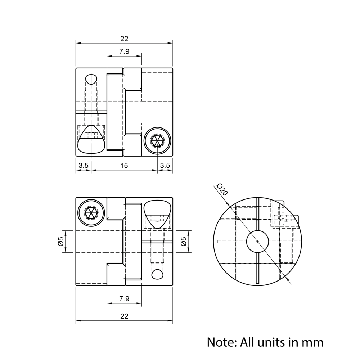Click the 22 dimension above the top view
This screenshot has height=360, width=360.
124,39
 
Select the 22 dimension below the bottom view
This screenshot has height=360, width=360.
124,316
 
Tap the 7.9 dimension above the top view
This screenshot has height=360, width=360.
124,51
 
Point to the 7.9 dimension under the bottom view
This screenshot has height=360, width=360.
124,298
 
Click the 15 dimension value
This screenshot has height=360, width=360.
124,166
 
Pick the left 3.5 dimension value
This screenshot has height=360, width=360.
84,166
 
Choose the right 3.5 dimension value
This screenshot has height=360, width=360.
165,166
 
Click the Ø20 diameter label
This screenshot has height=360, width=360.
222,189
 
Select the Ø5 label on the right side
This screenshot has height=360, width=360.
184,242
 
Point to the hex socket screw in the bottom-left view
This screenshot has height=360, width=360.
91,212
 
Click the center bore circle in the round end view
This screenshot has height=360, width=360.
257,242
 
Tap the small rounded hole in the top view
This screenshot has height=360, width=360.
91,79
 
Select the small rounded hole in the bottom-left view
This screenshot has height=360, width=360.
157,274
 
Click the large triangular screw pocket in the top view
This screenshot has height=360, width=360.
91,140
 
